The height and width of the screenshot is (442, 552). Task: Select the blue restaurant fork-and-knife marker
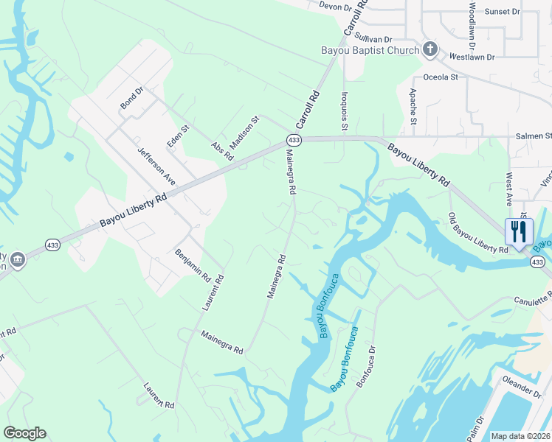click(x=518, y=231)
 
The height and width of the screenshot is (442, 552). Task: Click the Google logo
click(x=24, y=433)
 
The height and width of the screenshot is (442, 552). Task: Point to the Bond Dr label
click(x=132, y=99)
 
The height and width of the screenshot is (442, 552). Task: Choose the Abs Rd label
click(x=222, y=151)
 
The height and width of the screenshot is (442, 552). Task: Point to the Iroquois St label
click(x=344, y=111)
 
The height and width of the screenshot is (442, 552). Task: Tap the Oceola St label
click(x=441, y=77)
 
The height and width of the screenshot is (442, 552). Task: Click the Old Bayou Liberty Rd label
click(x=478, y=234)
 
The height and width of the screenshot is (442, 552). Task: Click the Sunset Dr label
click(x=502, y=12)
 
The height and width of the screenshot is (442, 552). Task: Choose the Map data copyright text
click(x=521, y=436)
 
